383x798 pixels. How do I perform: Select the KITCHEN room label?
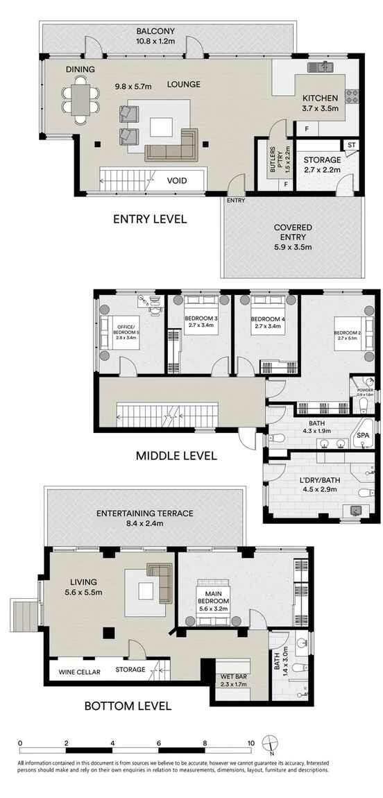(x=320, y=99)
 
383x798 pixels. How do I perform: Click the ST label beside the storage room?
(x=352, y=144)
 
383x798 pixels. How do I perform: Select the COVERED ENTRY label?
(x=293, y=232)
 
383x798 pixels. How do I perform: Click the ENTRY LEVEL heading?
(x=150, y=219)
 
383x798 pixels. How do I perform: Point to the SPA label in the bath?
(x=363, y=435)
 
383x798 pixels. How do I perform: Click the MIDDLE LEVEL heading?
(x=157, y=456)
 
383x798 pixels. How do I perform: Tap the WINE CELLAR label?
(x=79, y=671)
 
